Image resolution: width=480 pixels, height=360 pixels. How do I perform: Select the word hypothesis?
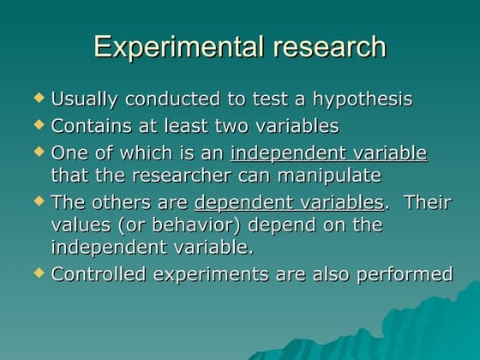(360, 99)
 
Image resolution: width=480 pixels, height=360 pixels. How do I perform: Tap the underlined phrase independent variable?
(328, 153)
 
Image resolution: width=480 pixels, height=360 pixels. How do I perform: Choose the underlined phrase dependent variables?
(289, 203)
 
